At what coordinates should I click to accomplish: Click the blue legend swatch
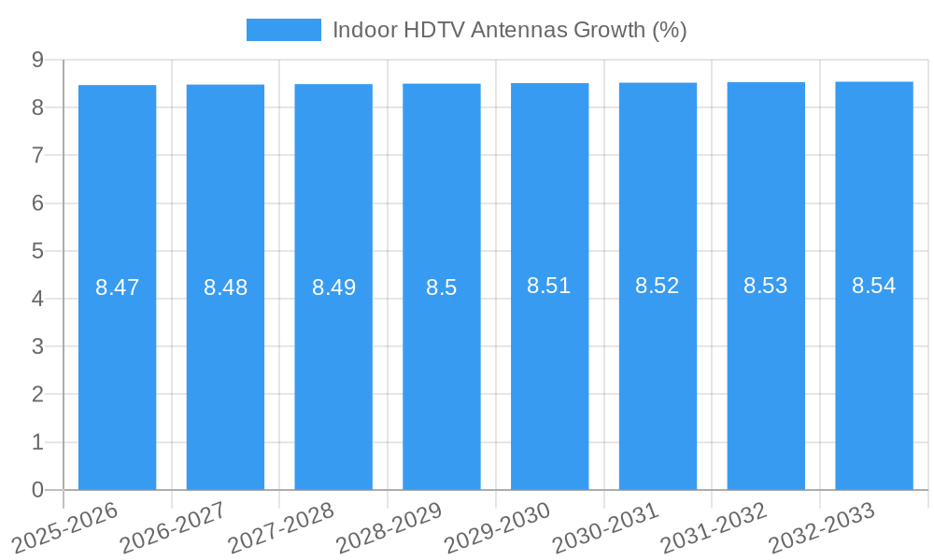[283, 30]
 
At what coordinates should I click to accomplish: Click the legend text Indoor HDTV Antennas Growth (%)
[509, 30]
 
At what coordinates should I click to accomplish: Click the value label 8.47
[117, 287]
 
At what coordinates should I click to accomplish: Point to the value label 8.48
[225, 287]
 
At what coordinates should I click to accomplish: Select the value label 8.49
[333, 287]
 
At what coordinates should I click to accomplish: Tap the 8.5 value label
[442, 287]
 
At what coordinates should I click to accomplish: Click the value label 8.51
[549, 286]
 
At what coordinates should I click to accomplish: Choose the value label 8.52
[658, 286]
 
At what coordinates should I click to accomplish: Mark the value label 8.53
[766, 286]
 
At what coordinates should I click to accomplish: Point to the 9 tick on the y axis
[37, 60]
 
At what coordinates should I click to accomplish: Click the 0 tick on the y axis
[37, 490]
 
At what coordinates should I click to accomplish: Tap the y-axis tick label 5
[37, 251]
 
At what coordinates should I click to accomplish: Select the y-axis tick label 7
[37, 155]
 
